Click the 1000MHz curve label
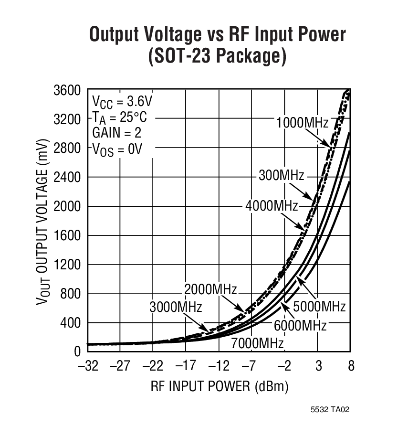[x=302, y=123]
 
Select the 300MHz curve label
[x=281, y=175]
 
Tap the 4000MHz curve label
[x=272, y=206]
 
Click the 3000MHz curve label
[x=176, y=307]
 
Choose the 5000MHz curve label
[x=319, y=306]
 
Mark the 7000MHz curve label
[x=257, y=343]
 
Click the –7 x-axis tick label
[x=248, y=367]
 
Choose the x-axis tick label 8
[x=351, y=367]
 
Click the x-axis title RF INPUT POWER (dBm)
[x=220, y=386]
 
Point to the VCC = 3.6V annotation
[x=122, y=101]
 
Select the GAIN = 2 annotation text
[x=116, y=133]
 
